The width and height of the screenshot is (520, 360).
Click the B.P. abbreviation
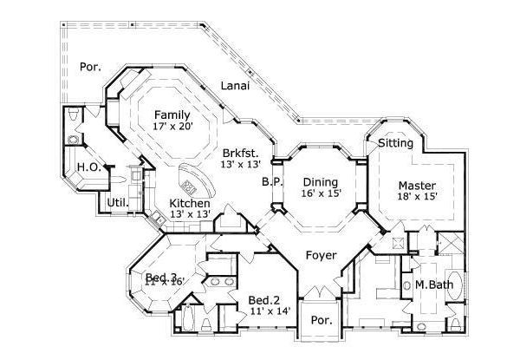click(x=270, y=182)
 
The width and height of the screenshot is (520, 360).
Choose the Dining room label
click(x=319, y=182)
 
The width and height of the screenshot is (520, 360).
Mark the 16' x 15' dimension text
click(x=319, y=194)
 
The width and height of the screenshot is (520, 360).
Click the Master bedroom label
click(x=418, y=185)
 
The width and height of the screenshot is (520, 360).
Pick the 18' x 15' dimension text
click(x=418, y=197)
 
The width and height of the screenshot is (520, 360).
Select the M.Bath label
click(x=431, y=285)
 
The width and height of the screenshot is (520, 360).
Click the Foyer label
click(x=322, y=257)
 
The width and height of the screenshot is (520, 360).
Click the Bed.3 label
click(x=160, y=277)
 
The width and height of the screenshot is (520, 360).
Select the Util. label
click(x=118, y=203)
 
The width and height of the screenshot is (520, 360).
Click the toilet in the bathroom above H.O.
click(x=73, y=116)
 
